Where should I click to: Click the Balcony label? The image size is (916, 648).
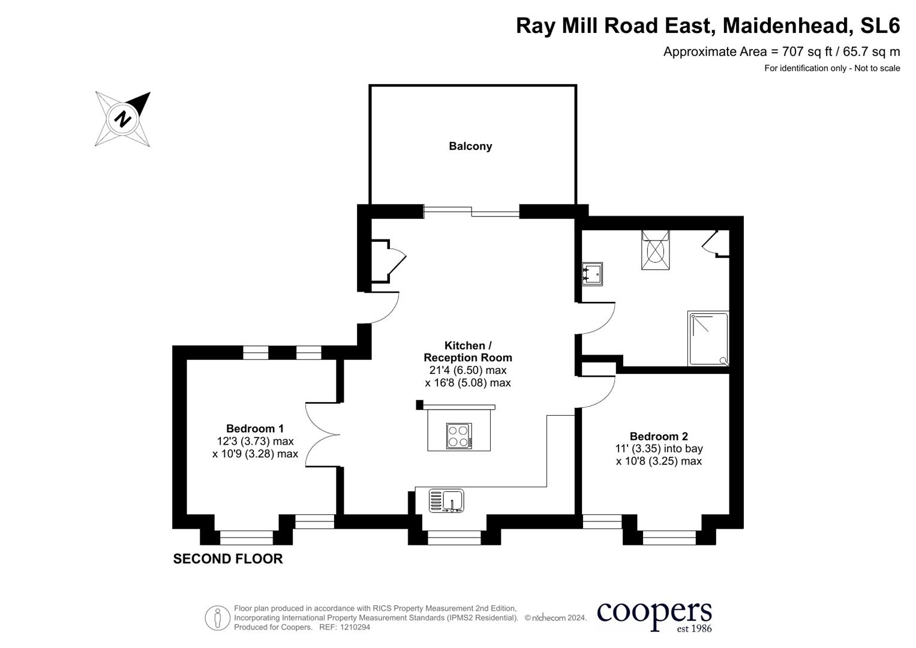[470, 146]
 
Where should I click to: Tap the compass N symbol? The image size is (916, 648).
[123, 118]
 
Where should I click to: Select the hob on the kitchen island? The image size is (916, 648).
[459, 436]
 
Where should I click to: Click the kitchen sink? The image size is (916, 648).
[446, 501]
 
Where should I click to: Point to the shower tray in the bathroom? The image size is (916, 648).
[708, 338]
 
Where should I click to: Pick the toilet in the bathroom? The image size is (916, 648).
[655, 250]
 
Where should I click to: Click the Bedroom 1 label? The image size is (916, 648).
[255, 428]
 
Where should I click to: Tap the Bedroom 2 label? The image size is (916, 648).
[659, 436]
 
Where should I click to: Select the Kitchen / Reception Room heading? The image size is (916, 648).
[468, 352]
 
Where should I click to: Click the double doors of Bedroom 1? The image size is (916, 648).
[322, 434]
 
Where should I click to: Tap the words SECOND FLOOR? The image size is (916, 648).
[228, 559]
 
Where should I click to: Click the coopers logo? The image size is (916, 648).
[654, 616]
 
